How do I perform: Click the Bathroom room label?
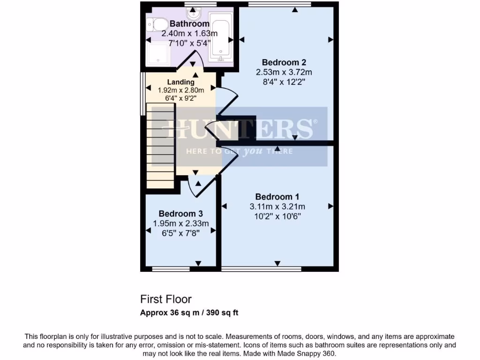pyautogui.click(x=189, y=24)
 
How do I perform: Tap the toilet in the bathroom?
pyautogui.click(x=157, y=24)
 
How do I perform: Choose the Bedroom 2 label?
pyautogui.click(x=284, y=62)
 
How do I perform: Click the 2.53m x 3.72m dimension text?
pyautogui.click(x=284, y=72)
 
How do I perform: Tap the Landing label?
pyautogui.click(x=180, y=82)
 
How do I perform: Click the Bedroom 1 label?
pyautogui.click(x=277, y=197)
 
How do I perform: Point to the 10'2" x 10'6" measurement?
pyautogui.click(x=277, y=217)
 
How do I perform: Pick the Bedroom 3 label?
pyautogui.click(x=180, y=214)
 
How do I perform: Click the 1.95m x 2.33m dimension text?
pyautogui.click(x=180, y=224)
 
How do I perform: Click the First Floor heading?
pyautogui.click(x=166, y=299)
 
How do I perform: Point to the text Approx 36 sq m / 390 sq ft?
pyautogui.click(x=189, y=313)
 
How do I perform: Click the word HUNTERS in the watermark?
pyautogui.click(x=240, y=129)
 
